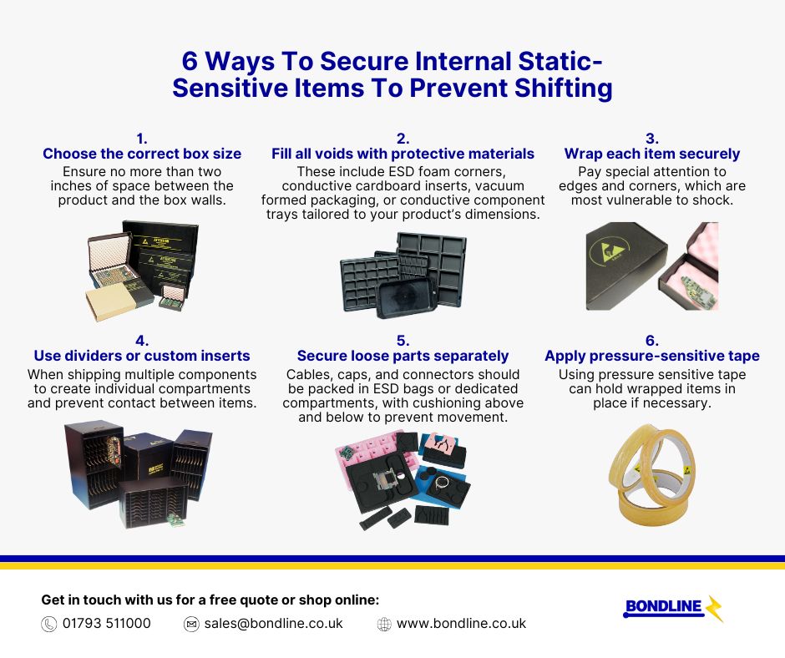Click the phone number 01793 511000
(106, 624)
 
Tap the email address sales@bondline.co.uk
(273, 624)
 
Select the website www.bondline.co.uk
(461, 624)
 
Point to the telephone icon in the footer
(48, 625)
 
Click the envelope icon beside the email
(191, 625)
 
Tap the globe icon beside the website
(384, 625)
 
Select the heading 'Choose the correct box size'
(142, 154)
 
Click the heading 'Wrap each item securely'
(651, 154)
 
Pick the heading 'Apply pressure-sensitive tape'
(651, 356)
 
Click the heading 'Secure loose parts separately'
(403, 356)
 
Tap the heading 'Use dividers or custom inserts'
(142, 356)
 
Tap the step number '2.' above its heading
(403, 138)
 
